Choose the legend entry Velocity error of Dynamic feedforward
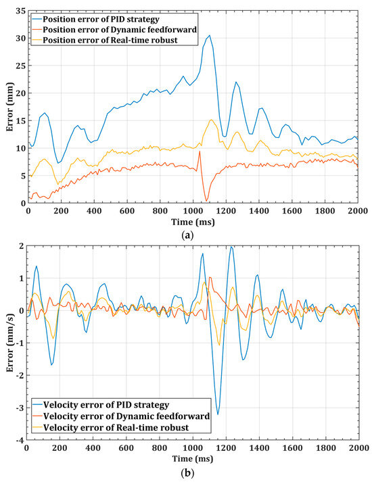click(122, 416)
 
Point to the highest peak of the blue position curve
click(210, 35)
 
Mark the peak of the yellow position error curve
click(212, 120)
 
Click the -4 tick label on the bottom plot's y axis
click(19, 440)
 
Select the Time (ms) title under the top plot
click(193, 221)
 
